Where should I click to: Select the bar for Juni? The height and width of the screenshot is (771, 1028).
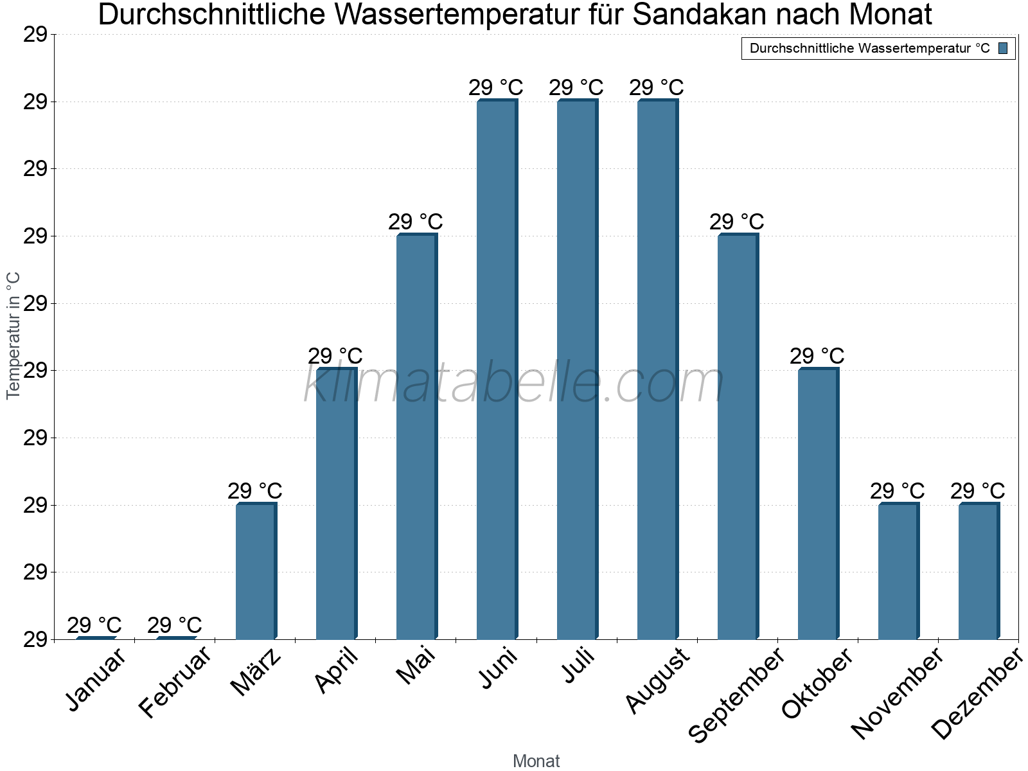coord(497,369)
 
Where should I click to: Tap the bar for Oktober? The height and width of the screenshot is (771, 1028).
coord(818,504)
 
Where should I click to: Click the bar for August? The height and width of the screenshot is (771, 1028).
coord(657,369)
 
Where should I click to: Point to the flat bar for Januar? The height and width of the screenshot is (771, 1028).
coord(95,637)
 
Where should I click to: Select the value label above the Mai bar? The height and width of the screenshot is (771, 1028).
coord(415,222)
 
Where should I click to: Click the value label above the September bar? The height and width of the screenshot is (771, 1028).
coord(736,222)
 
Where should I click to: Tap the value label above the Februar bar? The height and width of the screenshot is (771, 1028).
coord(174,625)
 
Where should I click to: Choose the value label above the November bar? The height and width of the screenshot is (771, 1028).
coord(897,491)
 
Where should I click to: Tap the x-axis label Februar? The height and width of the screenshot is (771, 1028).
coord(175,682)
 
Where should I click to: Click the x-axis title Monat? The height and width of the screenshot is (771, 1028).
coord(536,761)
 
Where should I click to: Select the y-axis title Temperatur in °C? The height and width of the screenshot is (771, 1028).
coord(13,335)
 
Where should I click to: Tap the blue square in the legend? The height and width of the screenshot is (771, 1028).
coord(1003,48)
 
